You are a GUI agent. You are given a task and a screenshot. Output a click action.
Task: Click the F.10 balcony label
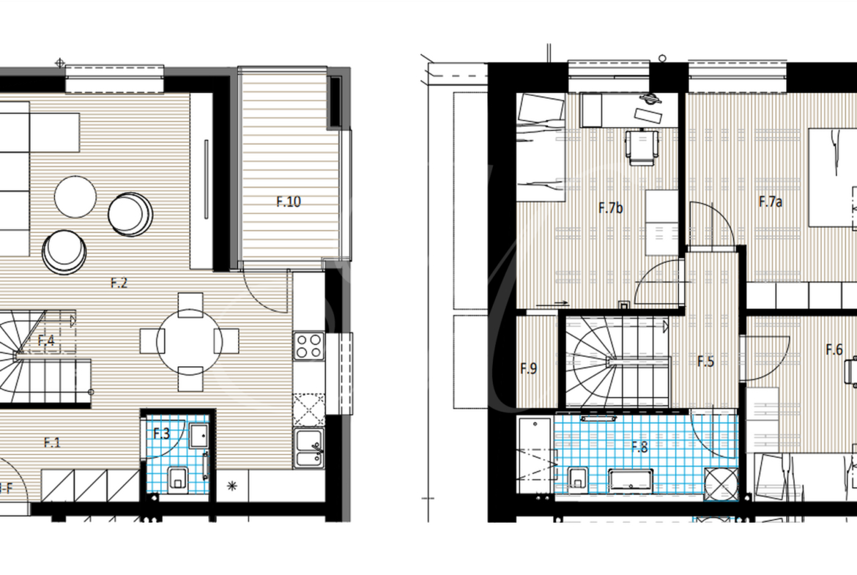coord(289,201)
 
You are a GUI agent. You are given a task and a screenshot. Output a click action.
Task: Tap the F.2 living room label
coord(119,283)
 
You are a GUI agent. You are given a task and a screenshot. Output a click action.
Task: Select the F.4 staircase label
coord(46,340)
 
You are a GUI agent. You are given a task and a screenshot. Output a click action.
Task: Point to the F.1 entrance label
coord(52,442)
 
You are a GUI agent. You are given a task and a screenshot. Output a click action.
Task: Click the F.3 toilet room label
coord(161,434)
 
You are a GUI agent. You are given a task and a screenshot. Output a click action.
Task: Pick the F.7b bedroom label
coord(610,208)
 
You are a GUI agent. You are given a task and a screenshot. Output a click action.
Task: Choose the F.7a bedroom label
coord(771,201)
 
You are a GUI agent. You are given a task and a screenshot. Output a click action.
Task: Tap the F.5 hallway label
coord(705,361)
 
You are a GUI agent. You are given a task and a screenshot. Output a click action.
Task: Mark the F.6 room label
coord(834,349)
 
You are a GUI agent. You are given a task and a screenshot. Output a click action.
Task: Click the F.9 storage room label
coord(529,368)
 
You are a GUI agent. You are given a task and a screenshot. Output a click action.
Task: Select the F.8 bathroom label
coord(639,447)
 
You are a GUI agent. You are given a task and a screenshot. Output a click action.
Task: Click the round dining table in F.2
coord(190,342)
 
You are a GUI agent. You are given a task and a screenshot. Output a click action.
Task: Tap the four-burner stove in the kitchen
coord(309,346)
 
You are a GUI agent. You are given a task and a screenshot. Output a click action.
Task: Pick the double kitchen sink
coord(309,448)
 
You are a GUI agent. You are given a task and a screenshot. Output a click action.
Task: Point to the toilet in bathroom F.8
coord(577,479)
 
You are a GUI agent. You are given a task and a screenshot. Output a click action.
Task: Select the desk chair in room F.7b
coord(641,146)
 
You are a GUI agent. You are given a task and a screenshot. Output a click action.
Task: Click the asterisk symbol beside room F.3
coord(232,485)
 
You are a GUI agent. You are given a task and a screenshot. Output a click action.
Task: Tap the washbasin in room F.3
coord(199,436)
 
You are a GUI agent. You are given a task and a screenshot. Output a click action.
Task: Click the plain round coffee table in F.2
coord(75,197)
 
